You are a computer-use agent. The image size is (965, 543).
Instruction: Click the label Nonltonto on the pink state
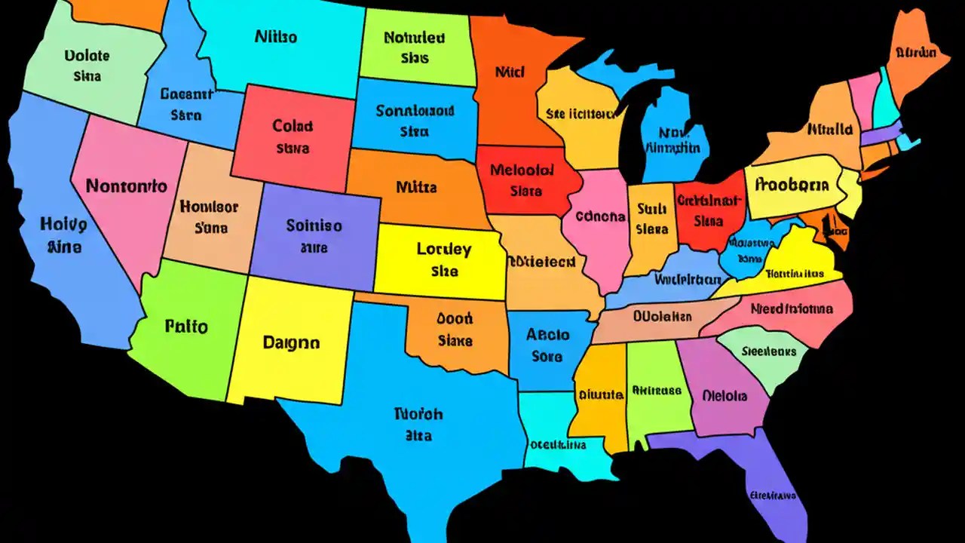click(x=126, y=186)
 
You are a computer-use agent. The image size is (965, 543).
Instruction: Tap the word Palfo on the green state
click(x=186, y=327)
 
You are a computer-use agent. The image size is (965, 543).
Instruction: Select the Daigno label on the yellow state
click(x=291, y=342)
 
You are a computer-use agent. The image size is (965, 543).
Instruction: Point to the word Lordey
click(x=443, y=249)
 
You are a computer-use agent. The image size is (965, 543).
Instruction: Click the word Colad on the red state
click(x=293, y=126)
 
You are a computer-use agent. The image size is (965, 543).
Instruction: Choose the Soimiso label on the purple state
click(x=314, y=225)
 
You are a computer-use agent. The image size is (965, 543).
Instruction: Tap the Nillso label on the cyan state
click(x=276, y=36)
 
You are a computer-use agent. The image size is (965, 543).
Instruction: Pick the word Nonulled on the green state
click(x=415, y=37)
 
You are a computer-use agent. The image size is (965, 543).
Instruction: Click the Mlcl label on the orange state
click(x=510, y=72)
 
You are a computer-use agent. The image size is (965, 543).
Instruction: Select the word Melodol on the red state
click(x=516, y=170)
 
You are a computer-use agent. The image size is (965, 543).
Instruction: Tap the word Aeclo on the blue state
click(x=547, y=334)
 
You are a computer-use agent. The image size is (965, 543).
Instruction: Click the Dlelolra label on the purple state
click(x=725, y=395)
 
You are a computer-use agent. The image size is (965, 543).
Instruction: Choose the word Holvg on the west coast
click(x=63, y=223)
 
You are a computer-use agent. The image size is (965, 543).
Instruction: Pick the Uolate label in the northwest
click(x=87, y=56)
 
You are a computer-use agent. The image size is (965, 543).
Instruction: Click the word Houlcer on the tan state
click(x=210, y=206)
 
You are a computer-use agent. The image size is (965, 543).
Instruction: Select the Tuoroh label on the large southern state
click(x=418, y=414)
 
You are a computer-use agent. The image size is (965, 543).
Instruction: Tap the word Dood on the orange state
click(x=455, y=318)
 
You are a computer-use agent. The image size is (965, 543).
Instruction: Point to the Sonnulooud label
click(x=415, y=111)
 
